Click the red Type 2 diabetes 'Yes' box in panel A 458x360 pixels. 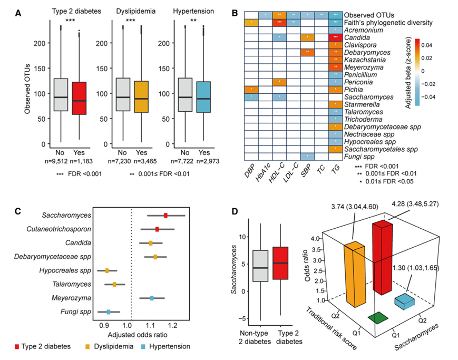coord(81,98)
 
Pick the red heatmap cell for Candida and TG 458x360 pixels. coord(335,37)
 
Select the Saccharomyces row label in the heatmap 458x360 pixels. coord(368,98)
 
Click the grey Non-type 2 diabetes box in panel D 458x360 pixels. coord(260,266)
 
